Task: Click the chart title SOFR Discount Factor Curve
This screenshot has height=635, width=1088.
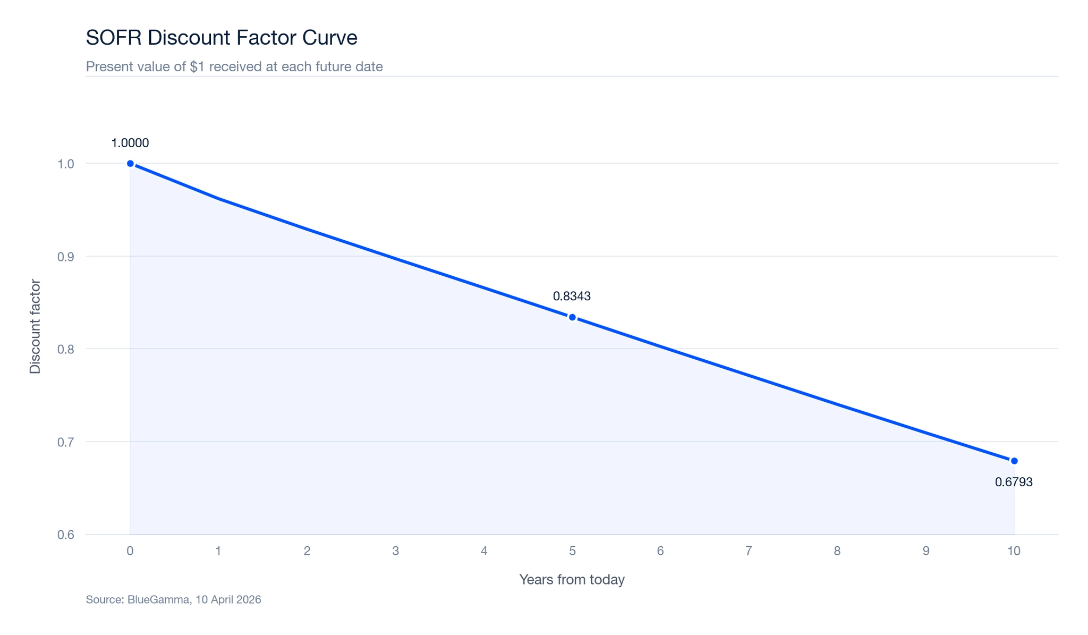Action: point(221,38)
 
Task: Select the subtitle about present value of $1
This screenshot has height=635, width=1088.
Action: point(234,67)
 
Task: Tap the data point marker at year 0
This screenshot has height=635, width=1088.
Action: point(130,164)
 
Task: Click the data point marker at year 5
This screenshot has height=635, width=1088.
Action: point(572,317)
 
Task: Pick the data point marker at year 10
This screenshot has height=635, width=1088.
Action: point(1014,461)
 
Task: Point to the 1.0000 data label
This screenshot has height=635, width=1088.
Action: point(130,143)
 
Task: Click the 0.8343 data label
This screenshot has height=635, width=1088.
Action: point(572,297)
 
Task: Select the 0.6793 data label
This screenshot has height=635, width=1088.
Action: point(1014,482)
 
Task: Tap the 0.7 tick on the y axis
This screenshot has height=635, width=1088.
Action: point(65,442)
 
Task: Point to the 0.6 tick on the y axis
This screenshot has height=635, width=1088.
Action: point(65,535)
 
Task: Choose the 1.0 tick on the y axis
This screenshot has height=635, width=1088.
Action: point(65,164)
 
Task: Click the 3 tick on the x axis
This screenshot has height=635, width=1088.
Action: point(395,551)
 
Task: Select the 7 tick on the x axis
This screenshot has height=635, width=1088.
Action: point(749,551)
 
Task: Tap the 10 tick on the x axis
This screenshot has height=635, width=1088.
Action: point(1014,551)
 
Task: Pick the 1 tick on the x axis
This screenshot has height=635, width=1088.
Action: point(218,551)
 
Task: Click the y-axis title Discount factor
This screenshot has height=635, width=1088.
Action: point(35,326)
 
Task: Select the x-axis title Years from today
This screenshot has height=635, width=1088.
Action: point(572,580)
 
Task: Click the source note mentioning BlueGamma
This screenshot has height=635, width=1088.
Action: point(173,600)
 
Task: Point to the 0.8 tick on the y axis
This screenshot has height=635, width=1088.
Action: point(65,350)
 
